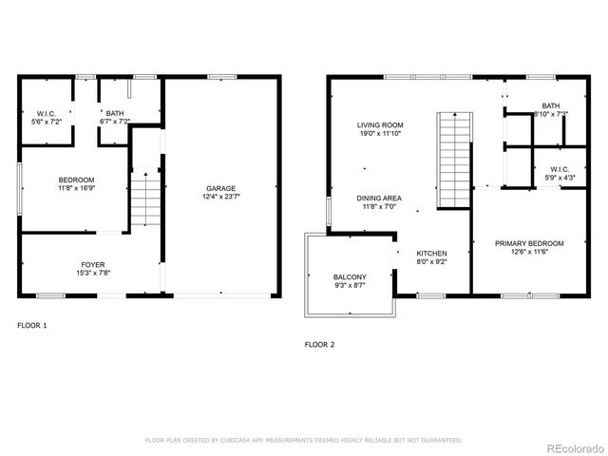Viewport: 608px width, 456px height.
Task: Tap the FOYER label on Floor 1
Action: pyautogui.click(x=92, y=264)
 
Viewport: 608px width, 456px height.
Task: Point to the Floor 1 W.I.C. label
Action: pyautogui.click(x=47, y=113)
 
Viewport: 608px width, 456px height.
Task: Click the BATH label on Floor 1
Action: pyautogui.click(x=114, y=113)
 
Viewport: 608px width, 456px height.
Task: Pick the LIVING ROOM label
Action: pyautogui.click(x=380, y=124)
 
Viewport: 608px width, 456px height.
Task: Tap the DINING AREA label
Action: pyautogui.click(x=380, y=198)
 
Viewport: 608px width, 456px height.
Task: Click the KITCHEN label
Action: pyautogui.click(x=431, y=254)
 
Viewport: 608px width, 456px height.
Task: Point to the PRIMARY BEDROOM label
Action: pyautogui.click(x=529, y=243)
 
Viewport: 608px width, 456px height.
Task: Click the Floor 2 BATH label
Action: pyautogui.click(x=551, y=105)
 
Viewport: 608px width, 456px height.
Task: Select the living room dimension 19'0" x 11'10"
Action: pyautogui.click(x=380, y=134)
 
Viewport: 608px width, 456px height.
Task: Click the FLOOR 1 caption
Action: pyautogui.click(x=31, y=325)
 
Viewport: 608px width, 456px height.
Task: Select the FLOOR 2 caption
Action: pyautogui.click(x=319, y=344)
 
